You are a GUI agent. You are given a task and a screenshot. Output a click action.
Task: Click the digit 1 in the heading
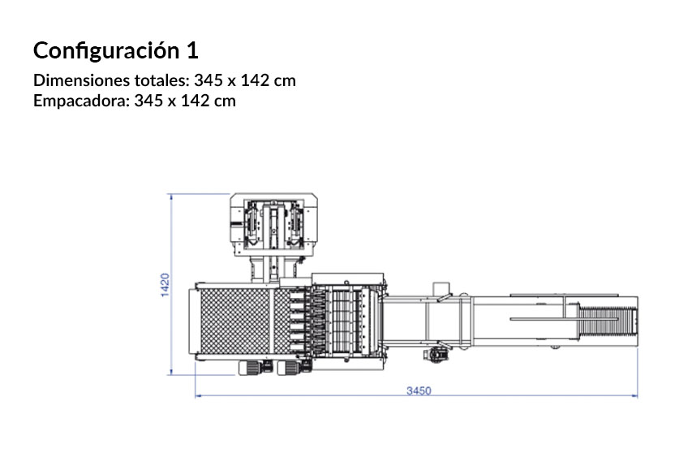click(191, 50)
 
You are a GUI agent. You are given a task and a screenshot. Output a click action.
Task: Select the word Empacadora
click(79, 101)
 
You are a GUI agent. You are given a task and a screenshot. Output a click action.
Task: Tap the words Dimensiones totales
click(111, 80)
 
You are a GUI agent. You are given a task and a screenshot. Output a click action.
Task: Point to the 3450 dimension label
click(418, 390)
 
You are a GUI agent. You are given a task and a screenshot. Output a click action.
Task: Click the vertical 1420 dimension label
click(163, 286)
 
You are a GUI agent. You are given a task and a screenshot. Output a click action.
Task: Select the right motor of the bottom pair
click(294, 367)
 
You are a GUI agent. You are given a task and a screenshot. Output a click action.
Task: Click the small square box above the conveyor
click(440, 289)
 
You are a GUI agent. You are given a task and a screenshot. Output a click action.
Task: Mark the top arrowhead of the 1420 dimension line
click(170, 197)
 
